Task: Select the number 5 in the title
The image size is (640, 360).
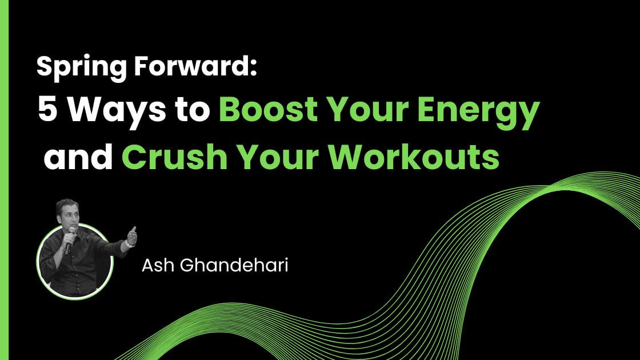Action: tap(47, 110)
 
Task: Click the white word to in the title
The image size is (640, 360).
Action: tap(190, 111)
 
